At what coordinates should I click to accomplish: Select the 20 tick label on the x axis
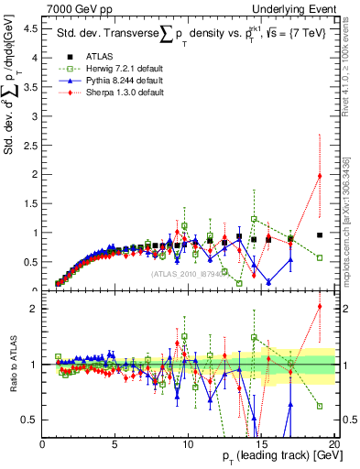pyautogui.click(x=334, y=443)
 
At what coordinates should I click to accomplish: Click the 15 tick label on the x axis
pyautogui.click(x=261, y=443)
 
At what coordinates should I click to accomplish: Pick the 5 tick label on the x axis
pyautogui.click(x=115, y=443)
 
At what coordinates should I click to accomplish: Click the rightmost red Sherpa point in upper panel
pyautogui.click(x=320, y=176)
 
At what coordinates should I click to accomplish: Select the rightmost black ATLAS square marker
pyautogui.click(x=320, y=234)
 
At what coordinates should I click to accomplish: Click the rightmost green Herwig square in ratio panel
pyautogui.click(x=320, y=406)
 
